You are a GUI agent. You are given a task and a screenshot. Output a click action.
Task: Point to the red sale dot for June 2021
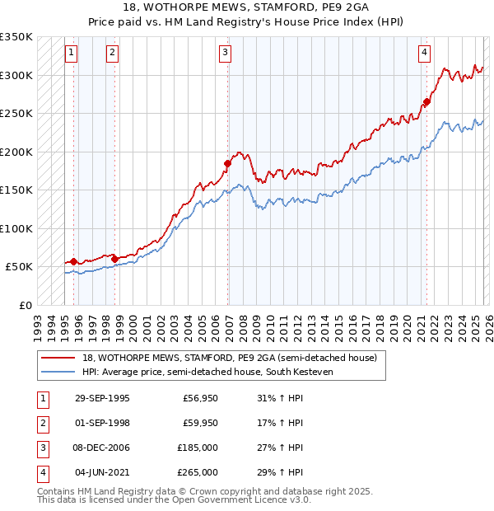pyautogui.click(x=426, y=102)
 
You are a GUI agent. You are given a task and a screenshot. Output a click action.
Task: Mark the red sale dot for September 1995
pyautogui.click(x=74, y=261)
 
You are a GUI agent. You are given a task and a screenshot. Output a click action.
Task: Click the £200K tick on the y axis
pyautogui.click(x=16, y=152)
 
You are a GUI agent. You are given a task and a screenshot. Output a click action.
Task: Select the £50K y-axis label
pyautogui.click(x=20, y=267)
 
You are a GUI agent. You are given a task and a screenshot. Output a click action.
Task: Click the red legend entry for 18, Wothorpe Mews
pyautogui.click(x=229, y=358)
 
